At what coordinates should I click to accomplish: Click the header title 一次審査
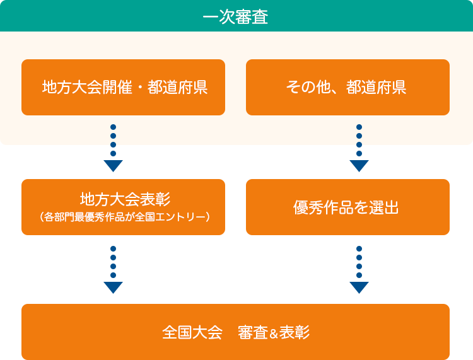(x=236, y=16)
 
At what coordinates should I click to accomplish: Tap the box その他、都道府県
(x=347, y=87)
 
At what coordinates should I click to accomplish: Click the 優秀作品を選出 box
(x=347, y=207)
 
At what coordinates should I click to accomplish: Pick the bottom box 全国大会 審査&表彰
(x=236, y=332)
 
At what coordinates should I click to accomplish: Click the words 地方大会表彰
(x=124, y=199)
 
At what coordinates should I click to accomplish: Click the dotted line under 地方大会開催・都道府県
(x=113, y=135)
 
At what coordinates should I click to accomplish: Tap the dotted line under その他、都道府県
(x=359, y=135)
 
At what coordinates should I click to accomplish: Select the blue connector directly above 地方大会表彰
(x=113, y=159)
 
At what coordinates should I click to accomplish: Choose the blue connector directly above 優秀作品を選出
(x=359, y=159)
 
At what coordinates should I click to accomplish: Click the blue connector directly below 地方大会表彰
(x=113, y=269)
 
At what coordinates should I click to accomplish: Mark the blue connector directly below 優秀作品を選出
(x=359, y=269)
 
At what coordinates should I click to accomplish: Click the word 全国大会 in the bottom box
(x=192, y=332)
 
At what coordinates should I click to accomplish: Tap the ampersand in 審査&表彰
(x=274, y=333)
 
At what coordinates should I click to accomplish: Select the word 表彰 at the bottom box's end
(x=295, y=332)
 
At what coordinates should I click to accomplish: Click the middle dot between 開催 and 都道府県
(x=139, y=88)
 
